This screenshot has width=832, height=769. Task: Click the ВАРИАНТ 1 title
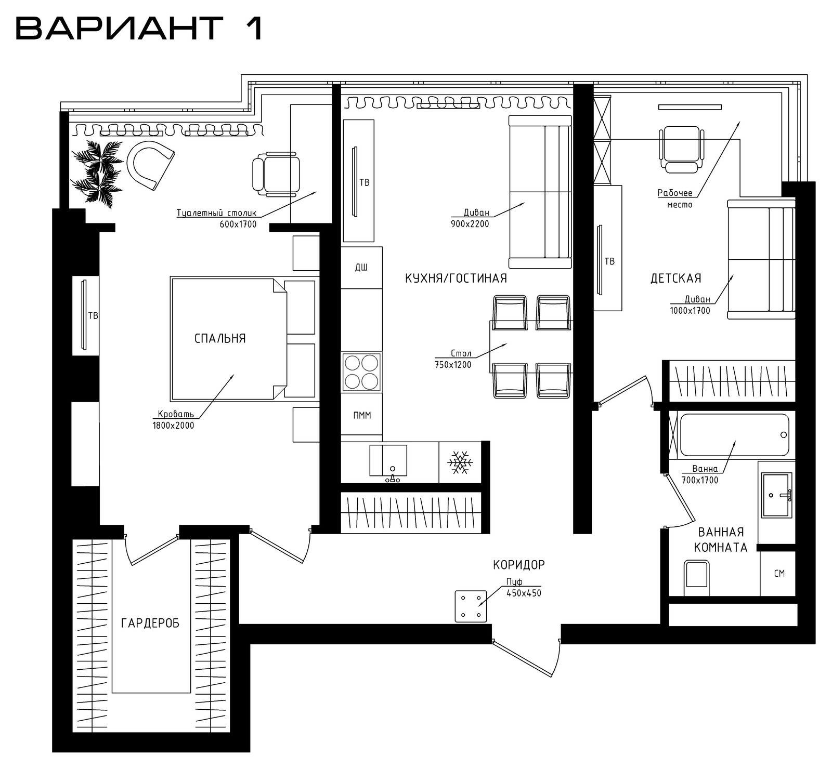point(139,28)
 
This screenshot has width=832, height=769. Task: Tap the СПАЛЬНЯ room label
point(220,339)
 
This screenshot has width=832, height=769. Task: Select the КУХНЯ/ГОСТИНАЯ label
point(456,279)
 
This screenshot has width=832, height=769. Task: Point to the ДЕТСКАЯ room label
point(676,279)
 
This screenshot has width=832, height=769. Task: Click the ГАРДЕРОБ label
point(150,623)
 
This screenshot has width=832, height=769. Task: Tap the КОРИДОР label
point(519,564)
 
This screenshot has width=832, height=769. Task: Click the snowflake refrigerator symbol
point(460,462)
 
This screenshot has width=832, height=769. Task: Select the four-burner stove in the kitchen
point(361,372)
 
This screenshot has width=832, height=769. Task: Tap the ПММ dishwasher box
point(362,416)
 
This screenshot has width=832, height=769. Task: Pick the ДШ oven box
point(362,268)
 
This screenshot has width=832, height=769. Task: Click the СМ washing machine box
point(778,574)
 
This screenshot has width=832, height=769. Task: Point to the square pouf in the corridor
point(471,606)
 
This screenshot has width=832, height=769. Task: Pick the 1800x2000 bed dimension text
point(173,426)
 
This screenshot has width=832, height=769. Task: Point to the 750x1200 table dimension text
point(453,365)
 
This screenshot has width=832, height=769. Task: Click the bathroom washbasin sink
point(776,495)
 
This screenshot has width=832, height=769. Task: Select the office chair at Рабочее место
point(681,148)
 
